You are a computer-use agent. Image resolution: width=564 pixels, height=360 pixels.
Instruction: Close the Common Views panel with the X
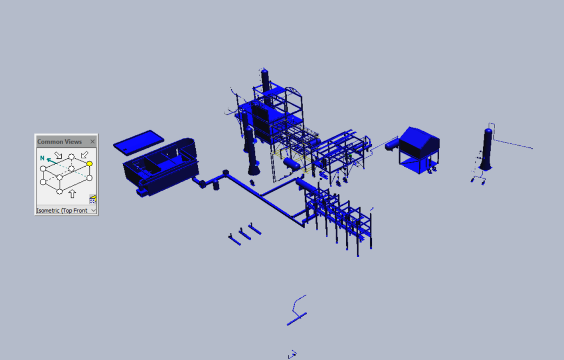(92, 142)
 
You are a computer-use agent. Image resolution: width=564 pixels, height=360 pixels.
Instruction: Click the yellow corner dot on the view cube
(90, 164)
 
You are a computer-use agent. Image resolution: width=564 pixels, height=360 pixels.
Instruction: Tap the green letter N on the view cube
(42, 158)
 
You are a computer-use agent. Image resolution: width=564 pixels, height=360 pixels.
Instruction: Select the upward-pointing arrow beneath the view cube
(72, 194)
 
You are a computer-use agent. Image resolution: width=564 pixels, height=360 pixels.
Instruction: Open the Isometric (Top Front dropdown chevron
(93, 210)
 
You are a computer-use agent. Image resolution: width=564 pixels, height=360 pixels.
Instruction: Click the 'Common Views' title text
(60, 142)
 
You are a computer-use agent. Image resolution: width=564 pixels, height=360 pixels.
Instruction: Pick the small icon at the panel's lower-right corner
(92, 200)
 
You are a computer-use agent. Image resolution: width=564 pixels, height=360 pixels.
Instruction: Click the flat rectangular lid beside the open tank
(138, 143)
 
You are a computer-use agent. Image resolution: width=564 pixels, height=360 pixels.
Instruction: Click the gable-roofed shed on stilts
(419, 149)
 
